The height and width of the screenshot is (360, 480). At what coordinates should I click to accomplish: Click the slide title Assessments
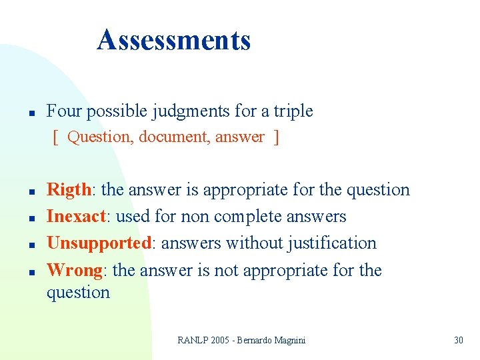pos(173,40)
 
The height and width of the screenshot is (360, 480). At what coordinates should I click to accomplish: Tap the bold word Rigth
pos(69,190)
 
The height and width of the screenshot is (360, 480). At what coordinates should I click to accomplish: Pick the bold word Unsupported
pos(99,243)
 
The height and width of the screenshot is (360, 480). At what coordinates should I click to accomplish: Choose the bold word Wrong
pos(74,270)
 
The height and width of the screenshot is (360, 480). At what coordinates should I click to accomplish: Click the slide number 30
pos(458,340)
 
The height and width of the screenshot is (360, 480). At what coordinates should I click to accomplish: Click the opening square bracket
pos(55,137)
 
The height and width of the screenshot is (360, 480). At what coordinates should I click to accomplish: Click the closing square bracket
pos(276,137)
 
